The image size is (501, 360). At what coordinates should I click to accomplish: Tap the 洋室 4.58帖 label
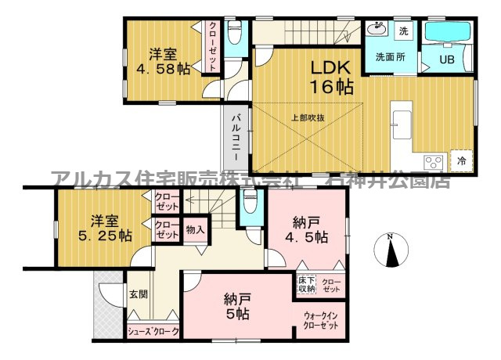[164, 62]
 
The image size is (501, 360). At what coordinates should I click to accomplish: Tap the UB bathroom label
[446, 59]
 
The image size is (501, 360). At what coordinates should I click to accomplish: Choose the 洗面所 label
[389, 57]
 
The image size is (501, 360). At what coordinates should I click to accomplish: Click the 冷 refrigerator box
[461, 160]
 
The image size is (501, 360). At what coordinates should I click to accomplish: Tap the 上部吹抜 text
[308, 118]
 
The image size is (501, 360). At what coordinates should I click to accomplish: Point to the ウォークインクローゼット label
[320, 321]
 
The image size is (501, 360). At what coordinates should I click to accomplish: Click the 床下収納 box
[306, 284]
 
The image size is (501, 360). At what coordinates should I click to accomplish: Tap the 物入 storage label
[195, 230]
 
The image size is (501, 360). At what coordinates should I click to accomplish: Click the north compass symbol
[391, 250]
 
